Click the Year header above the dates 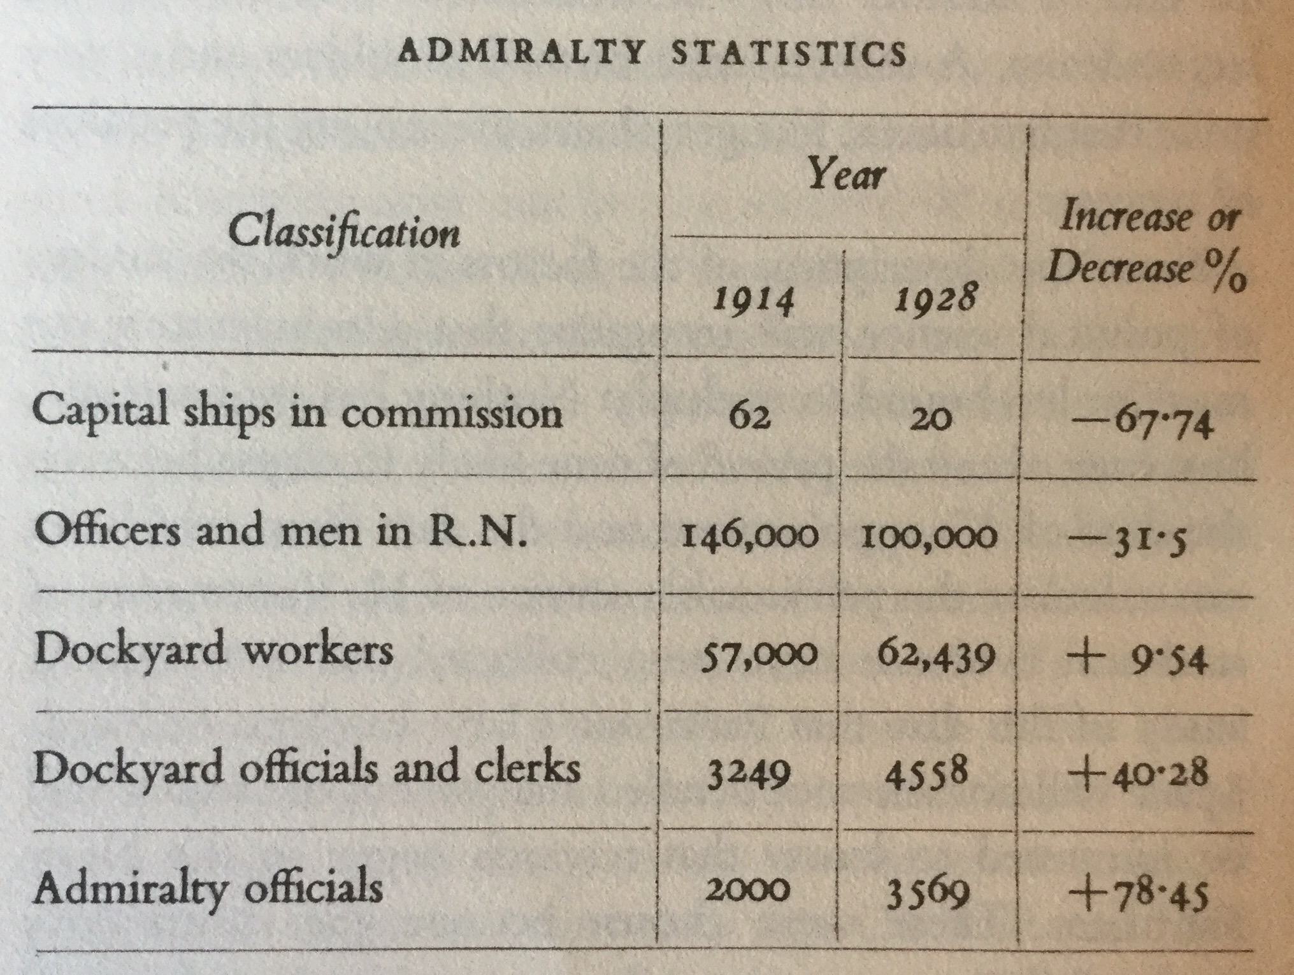[846, 174]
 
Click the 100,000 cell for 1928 [929, 537]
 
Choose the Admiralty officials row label [208, 887]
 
